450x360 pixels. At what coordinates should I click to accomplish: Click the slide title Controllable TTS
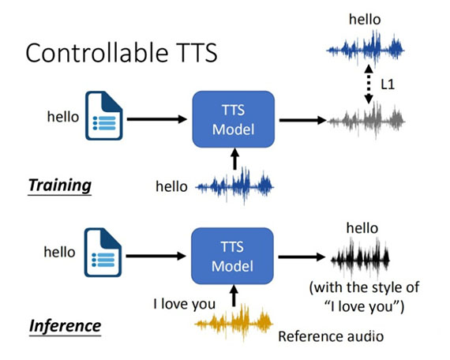pos(122,53)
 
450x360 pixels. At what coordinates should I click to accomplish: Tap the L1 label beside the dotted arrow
pos(388,84)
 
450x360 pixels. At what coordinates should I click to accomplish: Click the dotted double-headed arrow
pos(369,84)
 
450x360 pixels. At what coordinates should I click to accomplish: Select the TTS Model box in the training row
pos(234,119)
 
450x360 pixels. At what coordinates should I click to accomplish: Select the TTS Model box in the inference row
pos(232,256)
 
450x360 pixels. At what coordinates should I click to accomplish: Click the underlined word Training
pos(60,186)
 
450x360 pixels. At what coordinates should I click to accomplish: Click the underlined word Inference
pos(66,326)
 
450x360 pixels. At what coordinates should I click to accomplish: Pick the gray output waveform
pos(366,121)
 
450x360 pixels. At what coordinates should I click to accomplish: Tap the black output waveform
pos(360,260)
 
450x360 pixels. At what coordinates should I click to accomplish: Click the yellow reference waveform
pos(234,324)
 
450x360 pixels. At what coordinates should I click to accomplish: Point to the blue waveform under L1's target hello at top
pos(366,50)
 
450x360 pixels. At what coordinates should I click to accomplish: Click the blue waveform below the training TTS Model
pos(234,186)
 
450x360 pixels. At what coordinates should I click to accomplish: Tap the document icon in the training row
pos(104,116)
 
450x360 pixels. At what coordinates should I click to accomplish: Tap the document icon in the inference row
pos(103,253)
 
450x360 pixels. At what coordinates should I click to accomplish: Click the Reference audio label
pos(331,336)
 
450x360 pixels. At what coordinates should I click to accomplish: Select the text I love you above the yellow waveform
pos(185,304)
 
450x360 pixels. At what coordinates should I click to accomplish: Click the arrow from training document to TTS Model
pos(157,119)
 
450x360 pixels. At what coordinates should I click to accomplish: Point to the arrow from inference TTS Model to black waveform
pos(302,257)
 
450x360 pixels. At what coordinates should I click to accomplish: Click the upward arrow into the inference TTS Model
pos(234,296)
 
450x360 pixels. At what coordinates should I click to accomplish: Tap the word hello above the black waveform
pos(362,228)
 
